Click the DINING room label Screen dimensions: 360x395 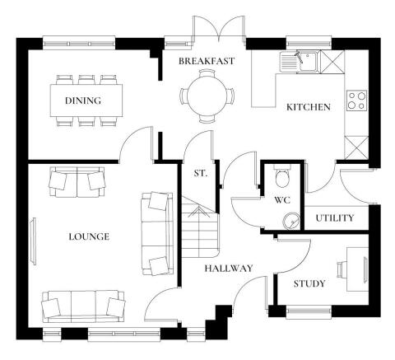tap(82, 101)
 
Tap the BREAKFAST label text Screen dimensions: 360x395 tap(207, 61)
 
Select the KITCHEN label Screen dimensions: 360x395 tap(308, 107)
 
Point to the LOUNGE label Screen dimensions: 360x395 tap(89, 236)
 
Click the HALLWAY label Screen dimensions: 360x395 tap(229, 268)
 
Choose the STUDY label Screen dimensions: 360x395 tap(309, 284)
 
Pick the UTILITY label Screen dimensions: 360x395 tap(335, 218)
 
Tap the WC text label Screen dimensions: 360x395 tap(282, 200)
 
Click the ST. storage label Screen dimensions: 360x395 tap(199, 174)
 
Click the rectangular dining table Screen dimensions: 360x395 tap(86, 101)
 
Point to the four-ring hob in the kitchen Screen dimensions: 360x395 tap(356, 100)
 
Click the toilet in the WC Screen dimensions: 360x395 tap(282, 176)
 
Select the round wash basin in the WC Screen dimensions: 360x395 tap(290, 220)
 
